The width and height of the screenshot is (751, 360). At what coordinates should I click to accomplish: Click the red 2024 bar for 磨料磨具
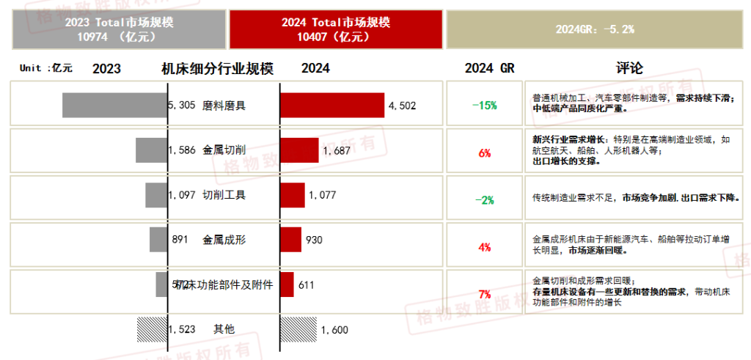tap(332, 105)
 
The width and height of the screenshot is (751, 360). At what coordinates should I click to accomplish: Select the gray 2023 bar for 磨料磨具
tap(115, 105)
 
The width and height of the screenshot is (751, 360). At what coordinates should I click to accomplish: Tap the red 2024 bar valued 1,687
tap(299, 150)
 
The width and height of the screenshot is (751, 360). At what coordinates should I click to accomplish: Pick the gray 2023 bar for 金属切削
tap(152, 150)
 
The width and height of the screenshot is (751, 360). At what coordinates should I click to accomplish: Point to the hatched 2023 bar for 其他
tap(153, 329)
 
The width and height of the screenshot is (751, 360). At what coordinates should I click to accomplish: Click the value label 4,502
tap(402, 106)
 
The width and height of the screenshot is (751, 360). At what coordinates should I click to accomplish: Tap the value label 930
tap(313, 240)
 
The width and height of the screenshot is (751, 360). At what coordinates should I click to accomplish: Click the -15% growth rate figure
tap(484, 105)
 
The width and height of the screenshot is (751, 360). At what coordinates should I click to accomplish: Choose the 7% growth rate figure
tap(484, 295)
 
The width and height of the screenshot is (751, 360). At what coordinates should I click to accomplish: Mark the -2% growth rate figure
tap(484, 199)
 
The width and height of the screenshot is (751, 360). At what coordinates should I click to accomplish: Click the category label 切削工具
tap(224, 195)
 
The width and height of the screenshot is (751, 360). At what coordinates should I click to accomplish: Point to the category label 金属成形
tap(224, 239)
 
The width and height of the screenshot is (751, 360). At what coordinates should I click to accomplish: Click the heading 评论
tap(629, 68)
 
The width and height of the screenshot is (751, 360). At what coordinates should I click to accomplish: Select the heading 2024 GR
tap(489, 68)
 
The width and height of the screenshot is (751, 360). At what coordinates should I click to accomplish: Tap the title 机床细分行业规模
tap(217, 69)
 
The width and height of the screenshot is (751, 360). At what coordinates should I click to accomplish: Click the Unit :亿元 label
tap(45, 68)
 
